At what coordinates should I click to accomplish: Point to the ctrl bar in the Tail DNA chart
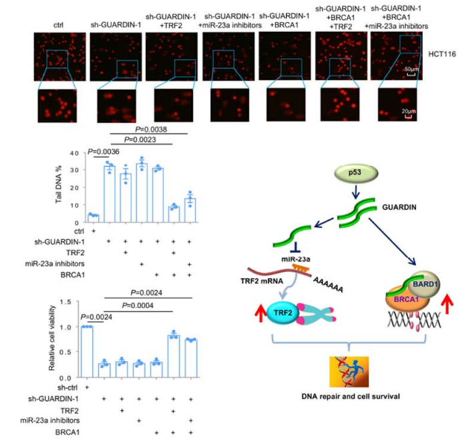coord(93,215)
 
